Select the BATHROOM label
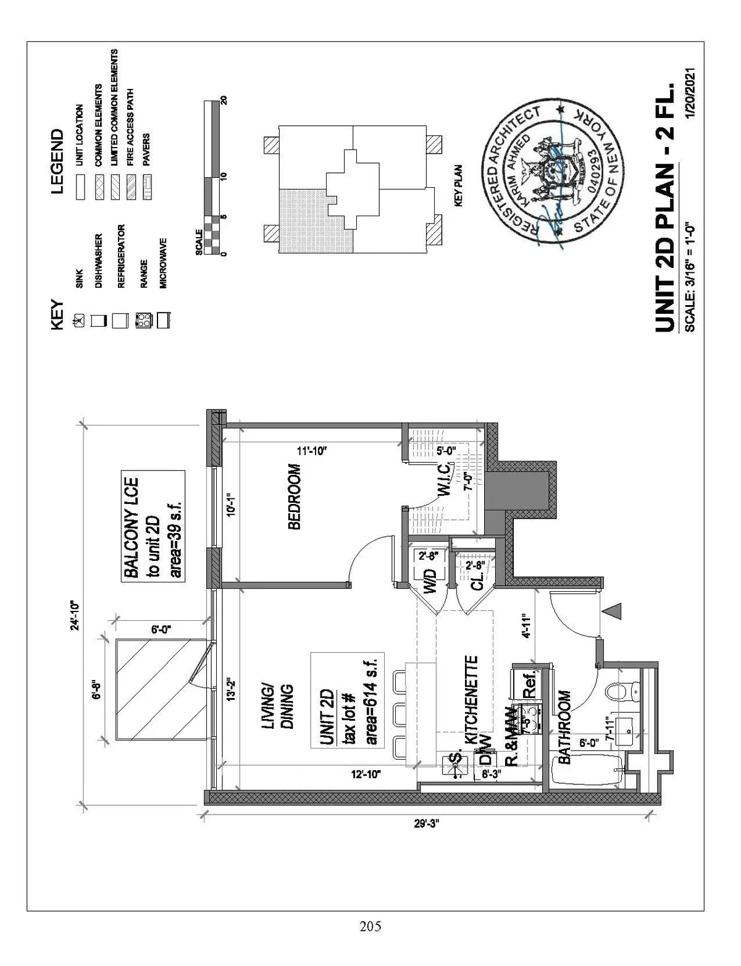point(564,728)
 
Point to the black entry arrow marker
point(612,611)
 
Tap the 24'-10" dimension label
point(75,615)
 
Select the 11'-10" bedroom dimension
point(311,451)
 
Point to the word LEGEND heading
point(58,161)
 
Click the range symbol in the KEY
point(143,320)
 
